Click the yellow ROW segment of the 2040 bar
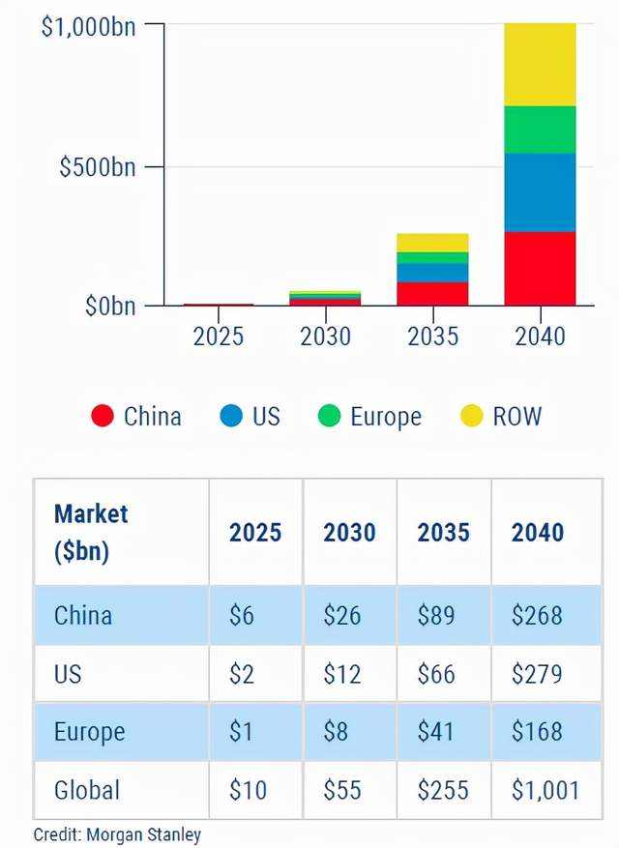click(540, 64)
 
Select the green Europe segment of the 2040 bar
click(540, 129)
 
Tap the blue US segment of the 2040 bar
click(540, 192)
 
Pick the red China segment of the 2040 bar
click(540, 268)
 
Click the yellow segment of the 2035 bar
click(432, 242)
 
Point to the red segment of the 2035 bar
click(432, 293)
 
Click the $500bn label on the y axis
click(97, 166)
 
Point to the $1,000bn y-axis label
click(87, 26)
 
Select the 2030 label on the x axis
click(325, 336)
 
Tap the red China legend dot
click(103, 417)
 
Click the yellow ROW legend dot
click(472, 417)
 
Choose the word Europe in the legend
click(385, 417)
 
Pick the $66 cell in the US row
click(436, 673)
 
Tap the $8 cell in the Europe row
click(337, 732)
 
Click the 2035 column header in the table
click(443, 533)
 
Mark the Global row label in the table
click(88, 790)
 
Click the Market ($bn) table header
click(91, 532)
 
